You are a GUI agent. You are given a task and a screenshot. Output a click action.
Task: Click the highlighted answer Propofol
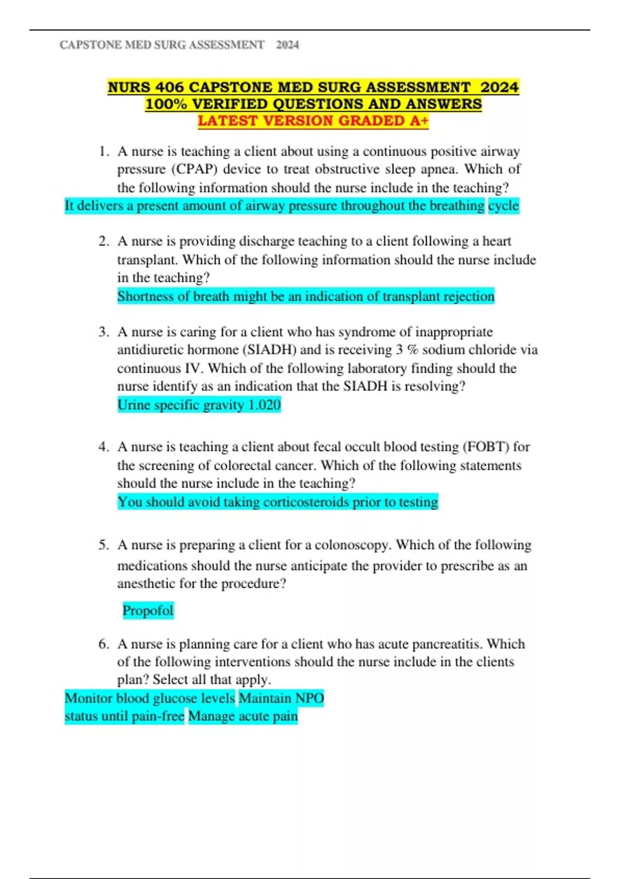tap(148, 611)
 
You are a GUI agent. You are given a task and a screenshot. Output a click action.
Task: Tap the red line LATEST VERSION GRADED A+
tap(313, 121)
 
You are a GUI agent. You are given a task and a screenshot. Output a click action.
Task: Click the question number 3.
tap(103, 332)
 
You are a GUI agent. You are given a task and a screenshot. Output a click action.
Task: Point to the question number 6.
tap(103, 644)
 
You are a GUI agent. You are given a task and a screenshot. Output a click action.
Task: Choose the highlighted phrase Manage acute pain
tap(243, 717)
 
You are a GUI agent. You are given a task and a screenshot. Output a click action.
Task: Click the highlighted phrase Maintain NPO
tap(281, 699)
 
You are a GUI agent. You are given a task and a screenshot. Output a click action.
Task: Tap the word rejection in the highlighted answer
tap(467, 297)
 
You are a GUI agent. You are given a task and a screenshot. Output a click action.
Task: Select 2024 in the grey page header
tap(287, 45)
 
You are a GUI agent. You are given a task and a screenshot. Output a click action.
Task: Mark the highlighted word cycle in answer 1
tap(503, 206)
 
